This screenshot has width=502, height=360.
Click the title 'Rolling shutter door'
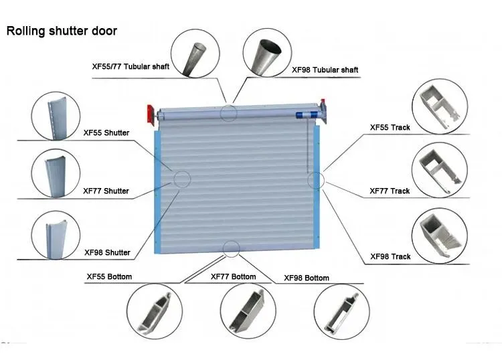62,31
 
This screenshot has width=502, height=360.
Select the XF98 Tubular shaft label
325,70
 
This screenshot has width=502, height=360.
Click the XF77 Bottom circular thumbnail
246,311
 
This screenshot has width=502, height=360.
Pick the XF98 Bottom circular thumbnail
340,311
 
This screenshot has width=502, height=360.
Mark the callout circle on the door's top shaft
229,112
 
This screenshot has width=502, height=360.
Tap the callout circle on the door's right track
315,179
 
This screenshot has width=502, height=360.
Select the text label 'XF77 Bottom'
233,276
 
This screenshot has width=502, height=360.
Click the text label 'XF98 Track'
390,256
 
